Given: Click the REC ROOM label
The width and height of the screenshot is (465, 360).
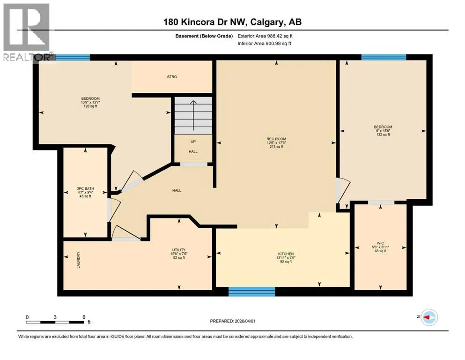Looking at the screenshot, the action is click(x=276, y=139).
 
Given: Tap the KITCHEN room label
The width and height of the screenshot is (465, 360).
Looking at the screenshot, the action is click(x=286, y=254).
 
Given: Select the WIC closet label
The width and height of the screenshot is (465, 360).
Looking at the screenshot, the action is click(x=380, y=243).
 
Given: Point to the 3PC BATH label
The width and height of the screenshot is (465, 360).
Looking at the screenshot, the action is click(x=85, y=188).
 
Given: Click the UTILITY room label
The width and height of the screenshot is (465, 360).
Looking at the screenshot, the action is click(x=179, y=250).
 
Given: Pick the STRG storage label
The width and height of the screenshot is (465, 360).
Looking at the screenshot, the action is click(x=172, y=77).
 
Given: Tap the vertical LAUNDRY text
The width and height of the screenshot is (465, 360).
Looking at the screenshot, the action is click(x=79, y=260).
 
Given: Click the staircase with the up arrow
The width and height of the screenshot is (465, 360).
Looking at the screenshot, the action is click(x=193, y=115).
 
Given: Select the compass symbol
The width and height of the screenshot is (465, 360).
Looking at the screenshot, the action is click(x=429, y=317).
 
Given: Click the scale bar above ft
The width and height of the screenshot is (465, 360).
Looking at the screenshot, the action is click(x=55, y=322).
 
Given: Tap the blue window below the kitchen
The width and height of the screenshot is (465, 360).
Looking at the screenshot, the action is click(x=252, y=292).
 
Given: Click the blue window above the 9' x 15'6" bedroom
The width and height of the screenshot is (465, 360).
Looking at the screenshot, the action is click(x=384, y=57).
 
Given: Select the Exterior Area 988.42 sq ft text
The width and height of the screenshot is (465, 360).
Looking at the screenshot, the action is click(x=265, y=36).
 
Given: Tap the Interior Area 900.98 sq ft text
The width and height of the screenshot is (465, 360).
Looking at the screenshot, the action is click(x=264, y=43).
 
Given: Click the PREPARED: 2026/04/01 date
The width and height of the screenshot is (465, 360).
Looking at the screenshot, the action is click(x=233, y=321).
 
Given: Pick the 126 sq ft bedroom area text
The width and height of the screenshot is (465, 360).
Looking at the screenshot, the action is click(x=90, y=106).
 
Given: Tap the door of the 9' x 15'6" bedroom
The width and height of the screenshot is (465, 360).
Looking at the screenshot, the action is click(x=343, y=190).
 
